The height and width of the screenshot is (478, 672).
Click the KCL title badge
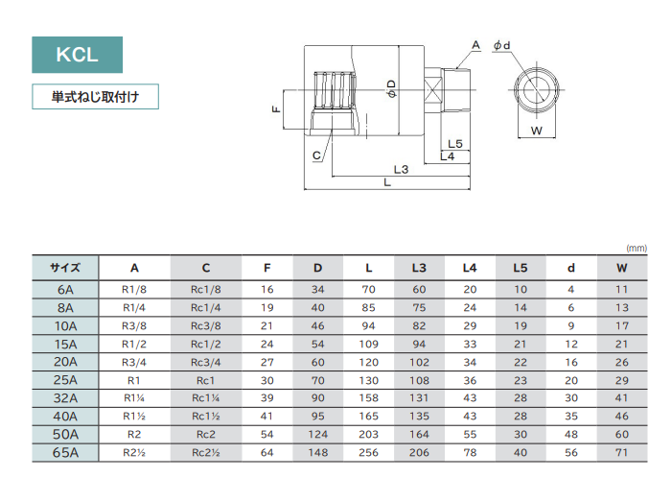pyautogui.click(x=77, y=55)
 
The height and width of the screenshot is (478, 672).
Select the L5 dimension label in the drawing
pyautogui.click(x=454, y=144)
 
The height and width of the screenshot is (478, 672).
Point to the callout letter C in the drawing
pyautogui.click(x=315, y=155)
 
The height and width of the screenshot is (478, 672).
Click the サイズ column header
pyautogui.click(x=64, y=268)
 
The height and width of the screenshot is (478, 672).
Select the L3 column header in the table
pyautogui.click(x=419, y=268)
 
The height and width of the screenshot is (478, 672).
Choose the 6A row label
pyautogui.click(x=64, y=289)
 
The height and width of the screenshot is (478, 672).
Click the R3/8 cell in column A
pyautogui.click(x=134, y=325)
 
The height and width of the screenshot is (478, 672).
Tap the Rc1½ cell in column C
pyautogui.click(x=206, y=417)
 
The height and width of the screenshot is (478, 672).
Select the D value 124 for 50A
pyautogui.click(x=317, y=435)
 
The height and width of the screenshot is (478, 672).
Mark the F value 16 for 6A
pyautogui.click(x=266, y=289)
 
